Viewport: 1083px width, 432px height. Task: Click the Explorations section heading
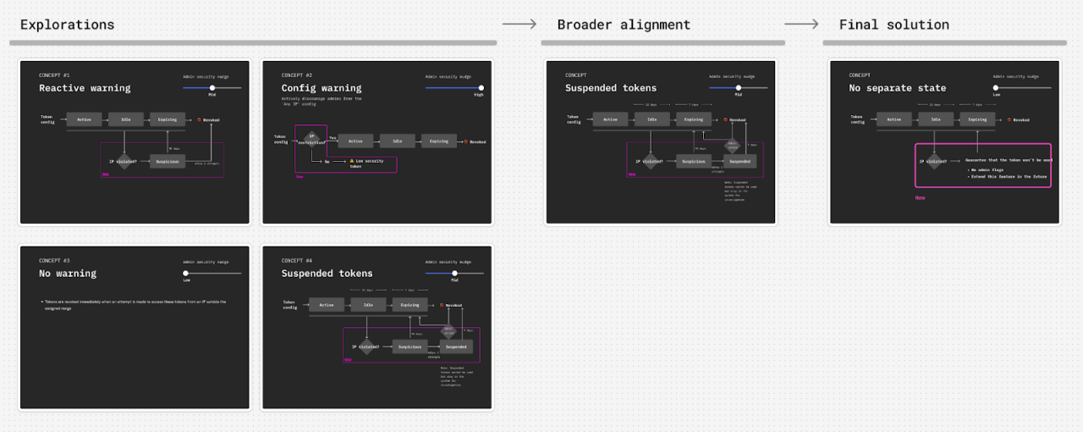point(67,25)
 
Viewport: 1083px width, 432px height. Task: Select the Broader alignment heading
point(624,25)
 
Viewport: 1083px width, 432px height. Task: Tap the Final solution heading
point(893,25)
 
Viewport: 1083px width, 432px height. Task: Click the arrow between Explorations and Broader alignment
point(520,24)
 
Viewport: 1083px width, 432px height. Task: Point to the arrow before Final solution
point(801,24)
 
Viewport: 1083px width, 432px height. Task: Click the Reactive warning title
point(85,88)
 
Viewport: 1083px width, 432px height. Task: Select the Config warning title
point(321,88)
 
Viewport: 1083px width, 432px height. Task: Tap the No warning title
point(68,274)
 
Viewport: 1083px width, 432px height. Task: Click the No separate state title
point(897,88)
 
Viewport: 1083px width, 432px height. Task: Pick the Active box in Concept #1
point(85,119)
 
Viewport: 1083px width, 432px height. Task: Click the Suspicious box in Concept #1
point(168,161)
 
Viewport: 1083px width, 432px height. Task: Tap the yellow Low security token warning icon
point(352,160)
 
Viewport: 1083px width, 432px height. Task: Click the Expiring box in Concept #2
point(438,141)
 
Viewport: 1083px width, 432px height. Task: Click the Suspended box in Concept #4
point(456,346)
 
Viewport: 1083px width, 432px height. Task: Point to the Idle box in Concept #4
point(368,305)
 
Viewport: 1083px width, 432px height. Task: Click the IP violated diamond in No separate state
point(934,160)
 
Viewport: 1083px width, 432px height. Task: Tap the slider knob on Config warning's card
point(481,87)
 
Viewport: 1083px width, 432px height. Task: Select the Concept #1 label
point(54,75)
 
